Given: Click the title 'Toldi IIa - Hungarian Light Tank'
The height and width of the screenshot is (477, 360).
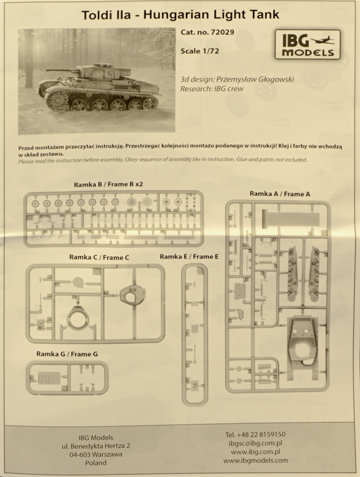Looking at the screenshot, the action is click(x=180, y=15).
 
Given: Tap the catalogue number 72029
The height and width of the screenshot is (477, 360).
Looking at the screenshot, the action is click(x=222, y=32).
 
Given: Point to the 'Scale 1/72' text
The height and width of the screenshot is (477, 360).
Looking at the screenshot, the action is click(x=200, y=51).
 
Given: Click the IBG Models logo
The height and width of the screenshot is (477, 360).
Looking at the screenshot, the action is click(x=307, y=45).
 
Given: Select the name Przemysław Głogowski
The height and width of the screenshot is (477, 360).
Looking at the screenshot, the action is click(x=255, y=79).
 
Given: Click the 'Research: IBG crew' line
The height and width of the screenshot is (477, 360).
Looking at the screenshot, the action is click(x=212, y=89).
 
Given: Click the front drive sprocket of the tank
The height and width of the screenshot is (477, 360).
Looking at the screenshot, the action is click(x=56, y=101).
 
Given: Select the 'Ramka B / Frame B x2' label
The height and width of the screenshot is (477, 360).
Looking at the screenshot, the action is click(x=108, y=185).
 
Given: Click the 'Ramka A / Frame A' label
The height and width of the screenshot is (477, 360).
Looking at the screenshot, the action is click(x=280, y=194).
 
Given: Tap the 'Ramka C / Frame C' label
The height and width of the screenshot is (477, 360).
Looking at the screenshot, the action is click(x=99, y=258).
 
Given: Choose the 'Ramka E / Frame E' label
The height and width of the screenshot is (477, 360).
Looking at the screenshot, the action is click(x=189, y=257).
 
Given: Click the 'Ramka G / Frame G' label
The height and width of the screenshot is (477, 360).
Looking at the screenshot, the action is click(x=67, y=354).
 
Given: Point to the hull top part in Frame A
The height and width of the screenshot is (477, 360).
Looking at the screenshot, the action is click(x=303, y=344).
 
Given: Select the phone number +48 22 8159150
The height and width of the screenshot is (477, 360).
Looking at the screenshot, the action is click(x=255, y=434).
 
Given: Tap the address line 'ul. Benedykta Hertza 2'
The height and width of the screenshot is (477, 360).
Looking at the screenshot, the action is click(x=96, y=446).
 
